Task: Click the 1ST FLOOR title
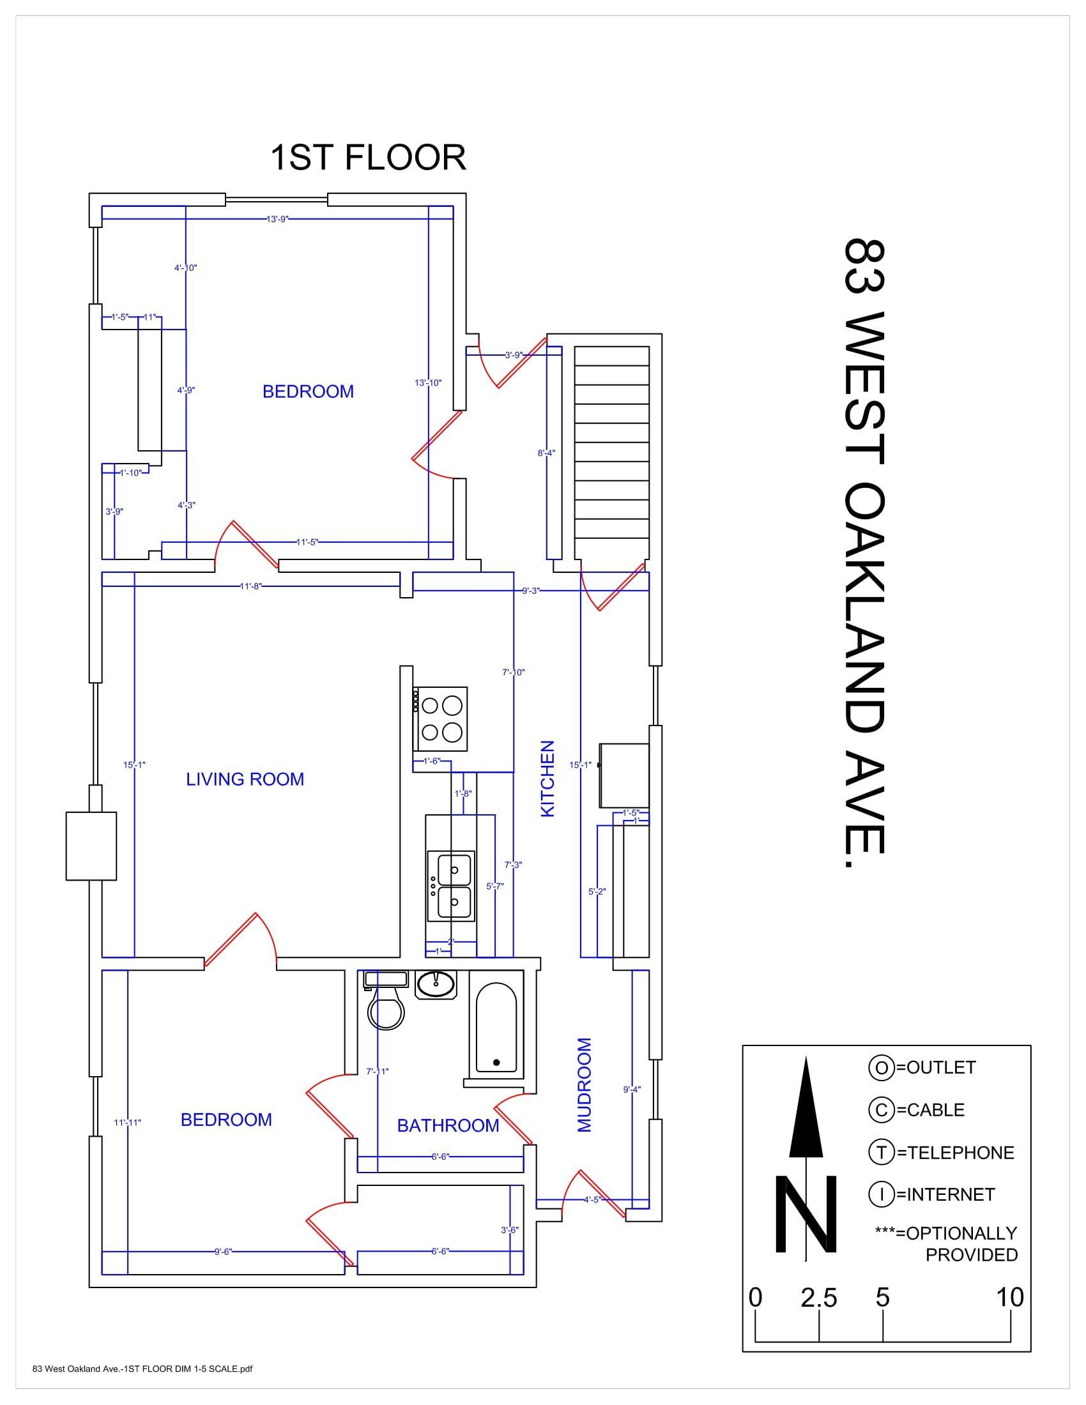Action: [368, 158]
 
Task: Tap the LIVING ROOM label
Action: [245, 779]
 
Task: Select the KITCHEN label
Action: [547, 778]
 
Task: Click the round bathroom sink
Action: [436, 984]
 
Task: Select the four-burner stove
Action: [440, 718]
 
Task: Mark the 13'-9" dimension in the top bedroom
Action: [277, 218]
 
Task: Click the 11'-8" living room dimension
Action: [251, 586]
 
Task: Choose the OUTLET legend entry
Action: [922, 1067]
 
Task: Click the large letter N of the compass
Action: [806, 1213]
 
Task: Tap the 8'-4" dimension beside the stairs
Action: [546, 453]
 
